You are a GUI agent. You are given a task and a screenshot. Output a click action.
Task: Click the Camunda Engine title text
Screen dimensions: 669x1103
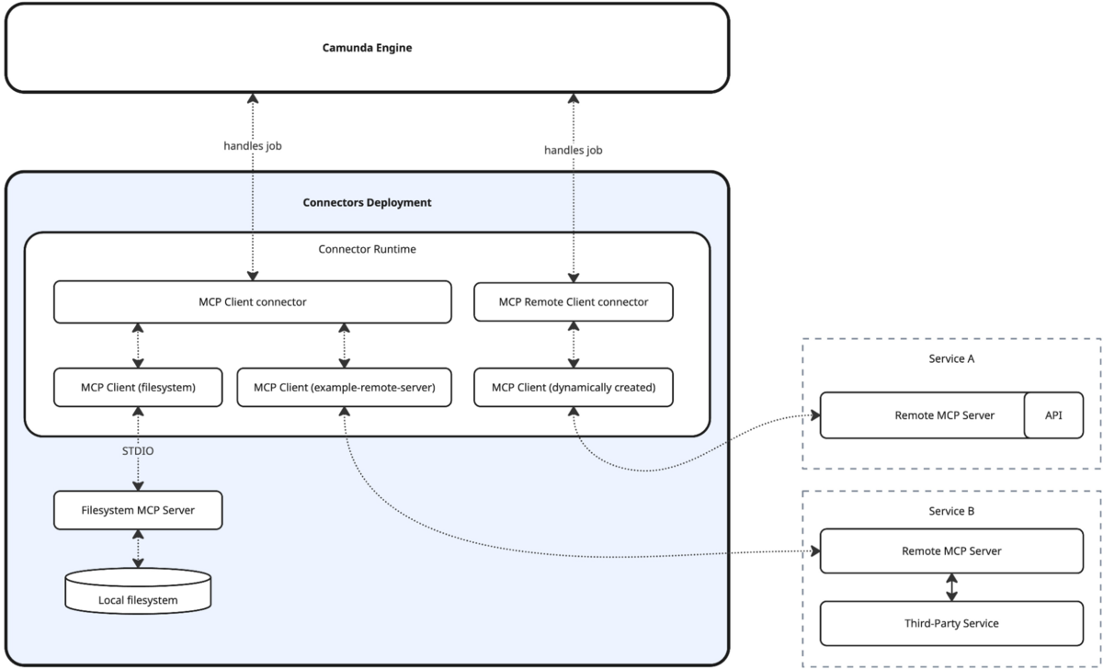click(x=367, y=48)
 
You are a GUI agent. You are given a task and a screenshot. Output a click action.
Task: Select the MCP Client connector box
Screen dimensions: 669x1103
click(x=252, y=301)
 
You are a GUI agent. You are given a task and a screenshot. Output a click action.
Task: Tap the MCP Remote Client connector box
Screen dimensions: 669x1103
click(x=573, y=301)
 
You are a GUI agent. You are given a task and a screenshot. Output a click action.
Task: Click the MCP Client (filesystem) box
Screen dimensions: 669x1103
click(x=138, y=387)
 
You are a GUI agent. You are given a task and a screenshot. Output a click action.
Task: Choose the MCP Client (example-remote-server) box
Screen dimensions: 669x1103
click(x=344, y=387)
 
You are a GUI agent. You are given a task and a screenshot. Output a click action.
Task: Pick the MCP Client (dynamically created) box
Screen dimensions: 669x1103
click(x=573, y=387)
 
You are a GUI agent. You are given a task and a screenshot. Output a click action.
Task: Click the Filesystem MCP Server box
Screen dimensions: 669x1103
click(x=138, y=510)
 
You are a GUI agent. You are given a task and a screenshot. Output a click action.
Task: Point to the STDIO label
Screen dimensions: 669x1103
click(x=138, y=450)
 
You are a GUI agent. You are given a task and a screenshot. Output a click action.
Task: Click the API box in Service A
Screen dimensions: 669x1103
click(x=1053, y=415)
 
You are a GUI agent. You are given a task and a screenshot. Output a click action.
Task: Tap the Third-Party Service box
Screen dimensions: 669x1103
click(x=951, y=623)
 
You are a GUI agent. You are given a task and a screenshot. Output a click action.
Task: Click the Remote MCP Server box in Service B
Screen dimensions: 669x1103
click(x=951, y=551)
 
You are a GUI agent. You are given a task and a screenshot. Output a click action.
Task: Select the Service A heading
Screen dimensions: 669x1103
click(x=951, y=359)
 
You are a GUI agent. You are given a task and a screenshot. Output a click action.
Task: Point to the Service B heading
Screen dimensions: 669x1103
click(x=951, y=511)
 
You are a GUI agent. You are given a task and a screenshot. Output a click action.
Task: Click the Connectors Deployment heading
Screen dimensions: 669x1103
click(x=367, y=202)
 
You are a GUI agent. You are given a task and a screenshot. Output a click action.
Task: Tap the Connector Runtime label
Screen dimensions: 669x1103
click(x=367, y=249)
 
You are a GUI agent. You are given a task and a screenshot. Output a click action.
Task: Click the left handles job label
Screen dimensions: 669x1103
click(x=252, y=145)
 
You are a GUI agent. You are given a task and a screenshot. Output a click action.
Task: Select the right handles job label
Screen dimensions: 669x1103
click(x=573, y=150)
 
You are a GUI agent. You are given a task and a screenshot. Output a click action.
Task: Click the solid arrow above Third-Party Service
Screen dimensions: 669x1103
click(x=951, y=587)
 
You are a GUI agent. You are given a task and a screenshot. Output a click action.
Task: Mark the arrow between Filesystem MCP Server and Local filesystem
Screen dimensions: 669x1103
click(x=138, y=549)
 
